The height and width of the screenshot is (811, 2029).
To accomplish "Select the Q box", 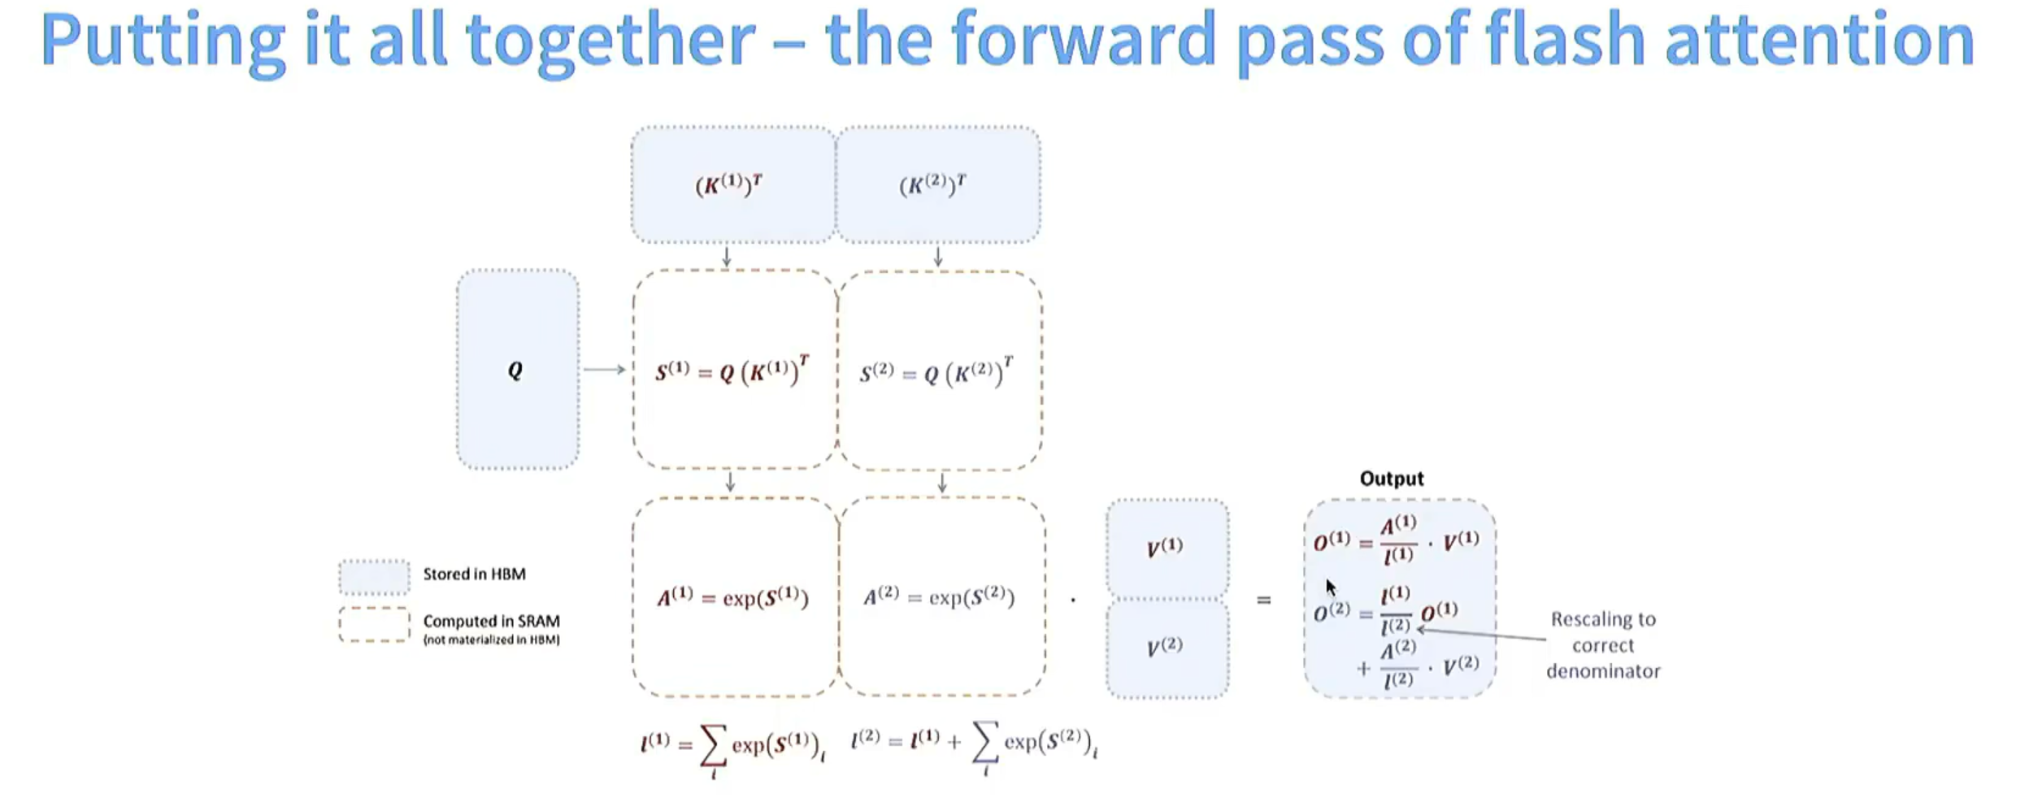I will click(x=517, y=370).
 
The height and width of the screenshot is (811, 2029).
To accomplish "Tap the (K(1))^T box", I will click(x=732, y=184).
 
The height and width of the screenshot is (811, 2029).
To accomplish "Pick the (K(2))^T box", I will click(x=937, y=184).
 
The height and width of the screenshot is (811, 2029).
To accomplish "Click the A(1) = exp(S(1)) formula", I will click(x=732, y=598).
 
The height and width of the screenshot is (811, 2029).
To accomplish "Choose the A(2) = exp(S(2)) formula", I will click(x=938, y=598).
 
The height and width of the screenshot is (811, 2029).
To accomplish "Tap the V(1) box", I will click(x=1166, y=548).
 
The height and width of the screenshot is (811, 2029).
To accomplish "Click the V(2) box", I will click(x=1166, y=648).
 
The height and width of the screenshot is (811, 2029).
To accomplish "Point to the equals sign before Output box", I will click(x=1263, y=601).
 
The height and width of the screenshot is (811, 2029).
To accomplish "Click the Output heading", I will click(x=1391, y=479).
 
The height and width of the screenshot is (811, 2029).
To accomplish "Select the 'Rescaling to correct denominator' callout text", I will click(x=1602, y=645).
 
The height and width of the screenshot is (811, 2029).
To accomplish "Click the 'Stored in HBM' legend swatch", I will click(x=374, y=577).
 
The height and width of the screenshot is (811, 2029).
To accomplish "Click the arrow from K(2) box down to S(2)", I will click(x=938, y=257).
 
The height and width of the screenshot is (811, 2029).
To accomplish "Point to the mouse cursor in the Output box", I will click(x=1330, y=587).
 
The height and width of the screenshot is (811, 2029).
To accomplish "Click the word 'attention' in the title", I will click(x=1819, y=40).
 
